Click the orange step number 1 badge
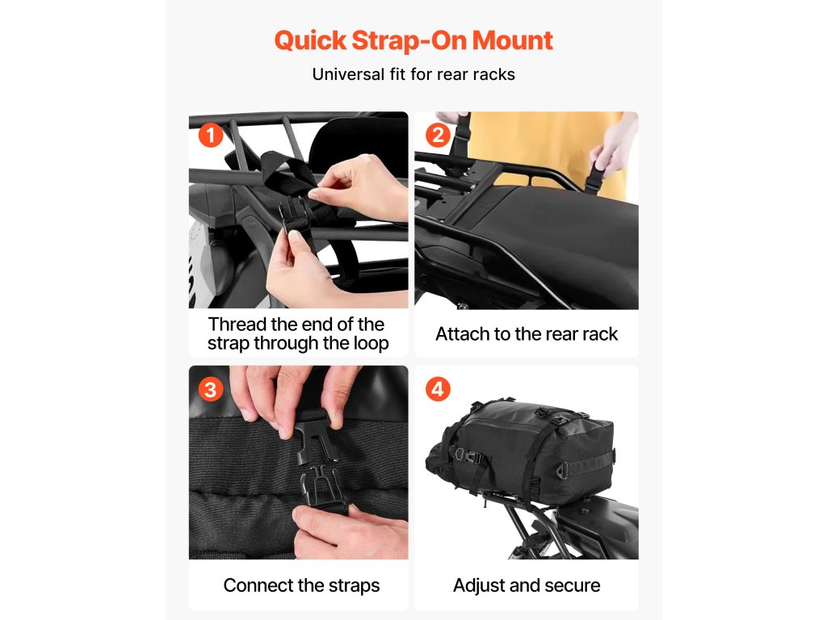211,135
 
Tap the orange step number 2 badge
438,135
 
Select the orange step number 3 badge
211,390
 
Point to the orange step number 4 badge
438,390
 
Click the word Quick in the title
311,41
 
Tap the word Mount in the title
512,40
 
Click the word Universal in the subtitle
349,74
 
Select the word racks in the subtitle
493,75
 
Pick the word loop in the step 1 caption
371,344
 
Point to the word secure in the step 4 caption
573,586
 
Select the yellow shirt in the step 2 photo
548,153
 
